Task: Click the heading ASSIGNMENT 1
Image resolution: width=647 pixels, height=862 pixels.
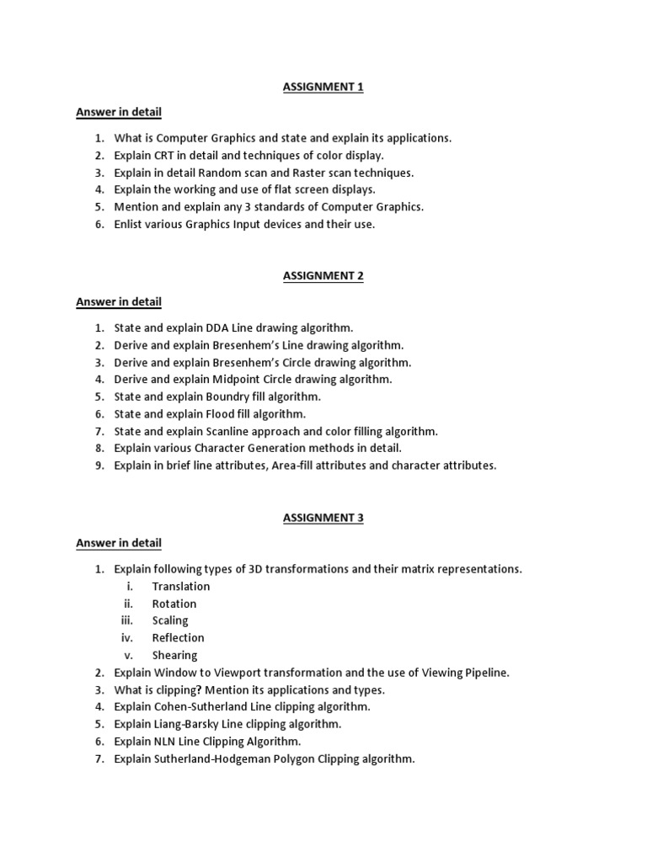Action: [x=323, y=87]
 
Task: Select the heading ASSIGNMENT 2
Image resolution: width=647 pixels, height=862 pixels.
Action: [x=323, y=276]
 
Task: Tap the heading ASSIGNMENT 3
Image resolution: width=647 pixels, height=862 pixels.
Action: [x=323, y=518]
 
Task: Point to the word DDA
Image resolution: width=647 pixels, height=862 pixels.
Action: [x=217, y=328]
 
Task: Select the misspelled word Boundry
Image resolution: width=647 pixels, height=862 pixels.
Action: [x=229, y=396]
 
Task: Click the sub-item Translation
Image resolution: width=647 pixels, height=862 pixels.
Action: [x=181, y=587]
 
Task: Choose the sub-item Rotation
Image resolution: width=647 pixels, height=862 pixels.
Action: [x=174, y=604]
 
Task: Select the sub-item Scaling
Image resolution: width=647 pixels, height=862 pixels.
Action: [x=170, y=620]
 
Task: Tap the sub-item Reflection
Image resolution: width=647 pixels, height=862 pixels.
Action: [x=179, y=638]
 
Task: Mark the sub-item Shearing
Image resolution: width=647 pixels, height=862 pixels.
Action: [x=175, y=655]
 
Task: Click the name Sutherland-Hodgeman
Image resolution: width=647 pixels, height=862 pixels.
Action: [x=213, y=758]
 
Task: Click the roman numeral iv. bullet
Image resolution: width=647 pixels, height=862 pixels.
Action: [x=127, y=638]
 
